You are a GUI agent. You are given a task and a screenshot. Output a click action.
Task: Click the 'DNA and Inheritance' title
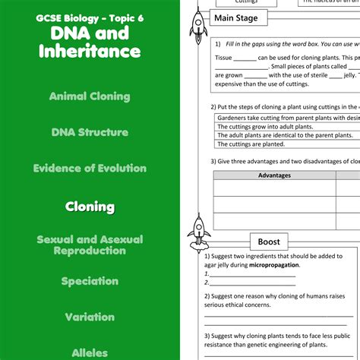point(90,43)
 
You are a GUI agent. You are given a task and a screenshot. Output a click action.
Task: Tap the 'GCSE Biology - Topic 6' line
point(90,17)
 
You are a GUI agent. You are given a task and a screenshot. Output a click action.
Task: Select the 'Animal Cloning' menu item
point(90,96)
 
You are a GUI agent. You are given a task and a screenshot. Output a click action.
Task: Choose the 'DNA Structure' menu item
point(90,132)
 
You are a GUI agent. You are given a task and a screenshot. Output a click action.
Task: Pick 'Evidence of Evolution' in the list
point(90,169)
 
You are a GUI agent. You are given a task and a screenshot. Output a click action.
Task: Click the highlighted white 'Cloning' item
point(90,207)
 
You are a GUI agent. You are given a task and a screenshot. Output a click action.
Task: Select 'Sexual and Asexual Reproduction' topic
point(90,245)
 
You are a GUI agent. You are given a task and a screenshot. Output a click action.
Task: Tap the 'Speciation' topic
point(90,281)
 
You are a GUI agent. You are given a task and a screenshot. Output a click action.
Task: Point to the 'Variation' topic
point(90,317)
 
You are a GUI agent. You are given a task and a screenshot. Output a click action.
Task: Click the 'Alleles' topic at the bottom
point(90,352)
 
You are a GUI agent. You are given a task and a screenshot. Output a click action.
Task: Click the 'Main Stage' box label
point(235,17)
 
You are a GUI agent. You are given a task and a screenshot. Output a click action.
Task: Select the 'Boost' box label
point(269,242)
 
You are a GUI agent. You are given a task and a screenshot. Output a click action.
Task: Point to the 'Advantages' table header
point(274,175)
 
